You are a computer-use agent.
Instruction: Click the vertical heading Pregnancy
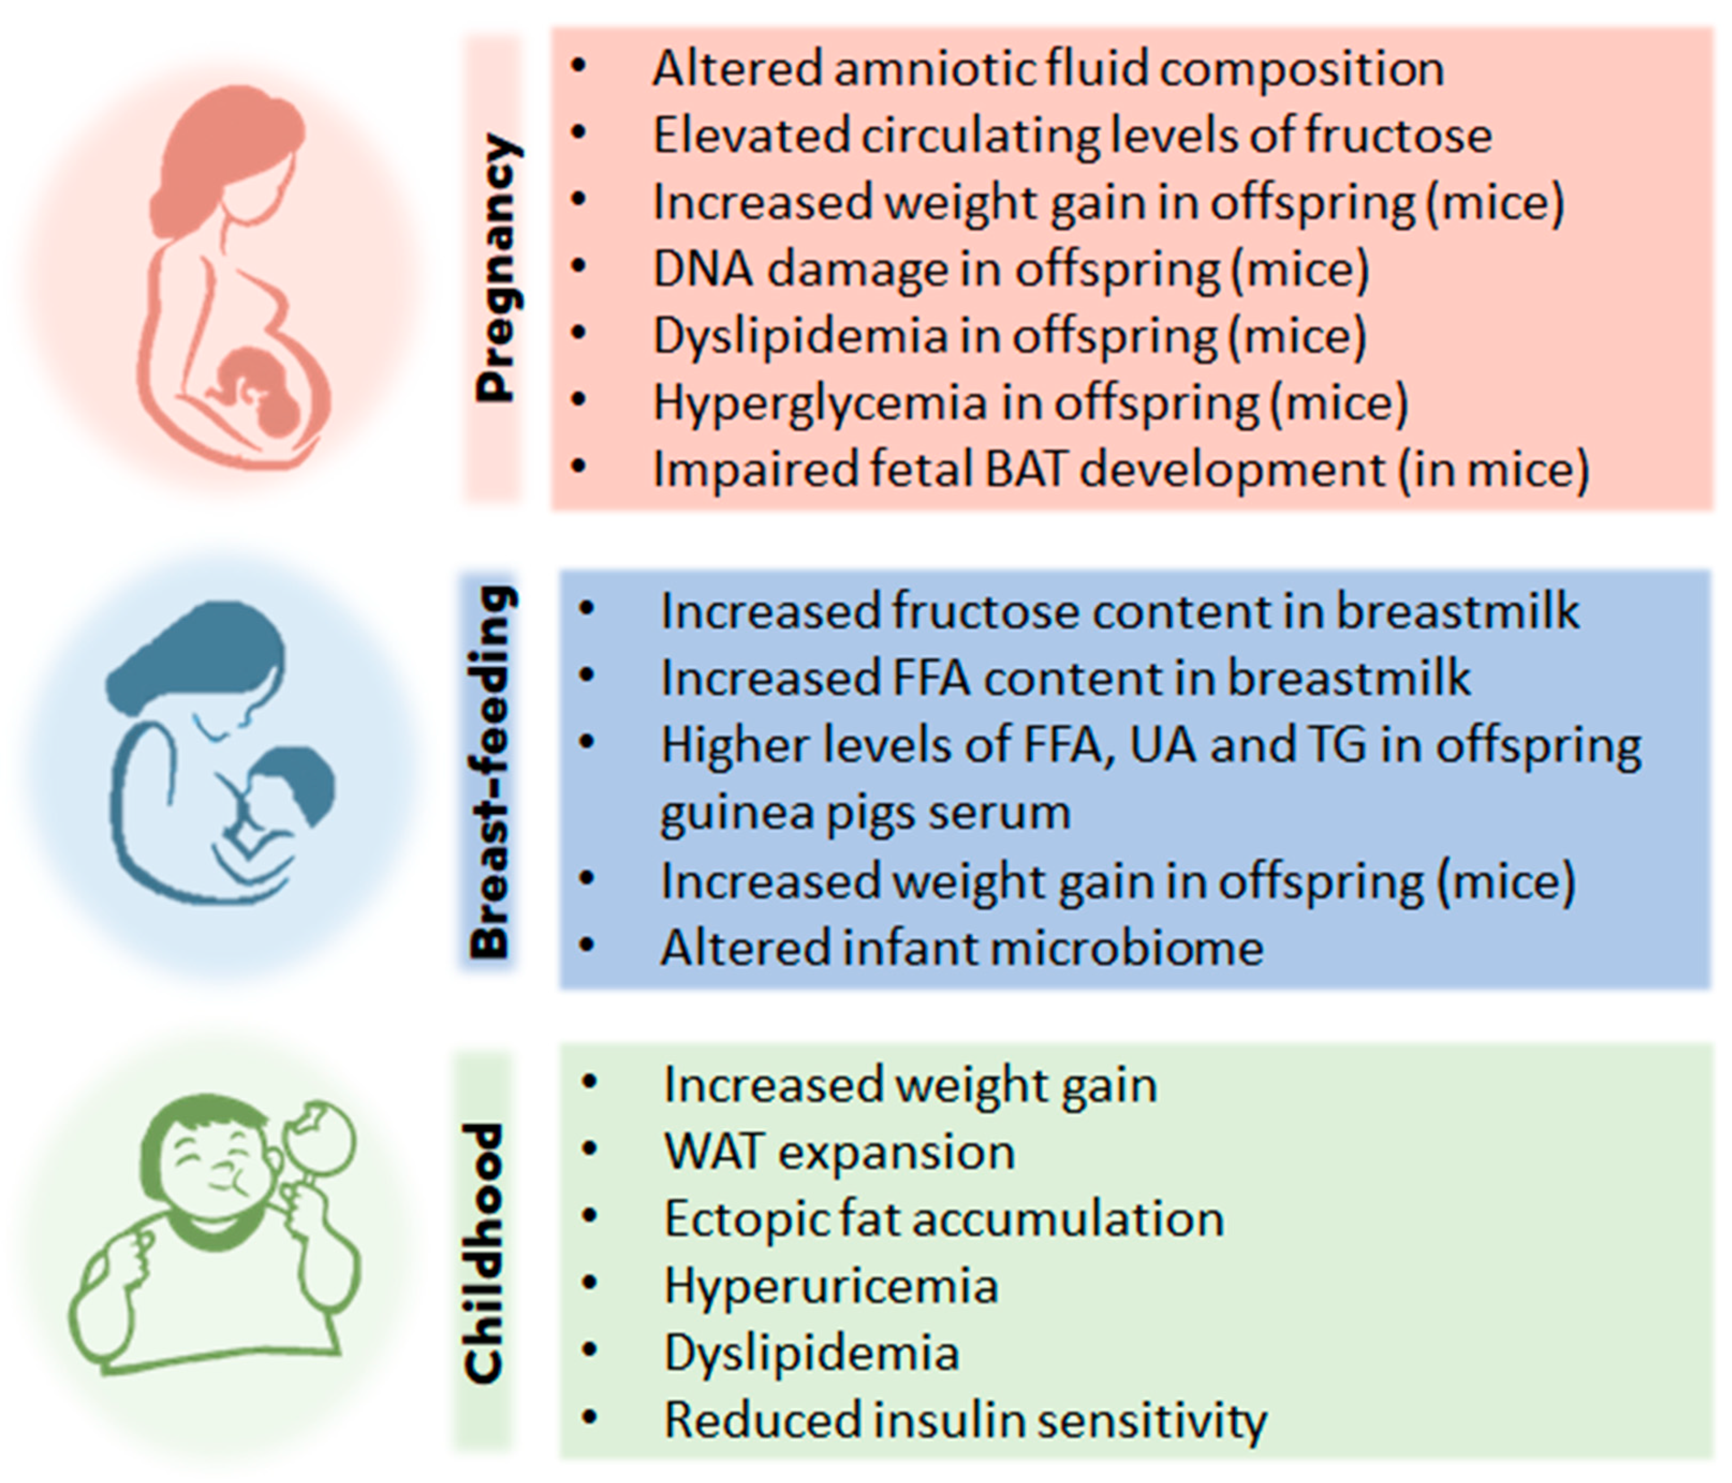click(495, 269)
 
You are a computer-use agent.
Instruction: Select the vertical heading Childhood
click(485, 1252)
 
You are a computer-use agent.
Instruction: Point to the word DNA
click(700, 269)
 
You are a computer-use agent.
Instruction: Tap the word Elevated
click(749, 135)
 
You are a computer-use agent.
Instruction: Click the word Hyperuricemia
click(831, 1285)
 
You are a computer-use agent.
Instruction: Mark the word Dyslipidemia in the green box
click(811, 1353)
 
